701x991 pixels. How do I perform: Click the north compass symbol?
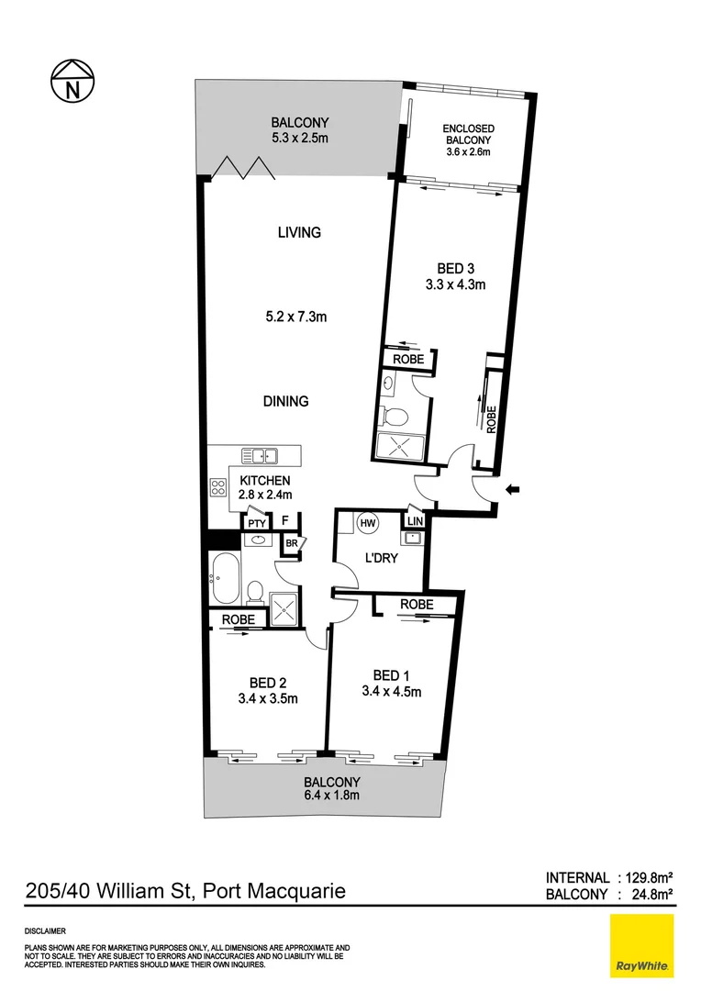(x=73, y=83)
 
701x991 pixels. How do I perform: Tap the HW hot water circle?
(x=368, y=522)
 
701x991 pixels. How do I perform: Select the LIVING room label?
(x=300, y=232)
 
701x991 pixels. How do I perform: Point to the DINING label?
(x=284, y=401)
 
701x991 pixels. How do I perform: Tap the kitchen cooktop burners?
(x=218, y=487)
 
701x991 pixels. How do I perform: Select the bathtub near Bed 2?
(x=225, y=580)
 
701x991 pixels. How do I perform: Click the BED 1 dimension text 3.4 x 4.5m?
(x=391, y=692)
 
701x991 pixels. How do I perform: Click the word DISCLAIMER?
(x=44, y=930)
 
